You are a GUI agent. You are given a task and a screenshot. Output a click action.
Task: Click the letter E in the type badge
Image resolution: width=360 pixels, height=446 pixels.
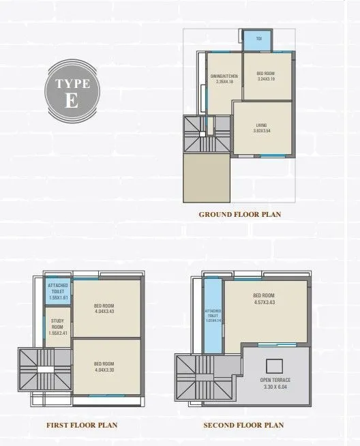(72, 100)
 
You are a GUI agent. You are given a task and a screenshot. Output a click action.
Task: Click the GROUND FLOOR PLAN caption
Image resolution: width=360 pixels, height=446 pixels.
(240, 214)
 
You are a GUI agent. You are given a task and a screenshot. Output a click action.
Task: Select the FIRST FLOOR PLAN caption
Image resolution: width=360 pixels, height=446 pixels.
(82, 425)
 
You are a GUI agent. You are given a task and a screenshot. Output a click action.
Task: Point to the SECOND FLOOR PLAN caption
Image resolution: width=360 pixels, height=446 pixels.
(243, 425)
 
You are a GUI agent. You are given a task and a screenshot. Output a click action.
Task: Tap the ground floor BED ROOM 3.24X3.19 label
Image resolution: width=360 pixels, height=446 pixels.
(266, 76)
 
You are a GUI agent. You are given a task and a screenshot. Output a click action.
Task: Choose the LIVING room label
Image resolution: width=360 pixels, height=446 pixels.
(261, 128)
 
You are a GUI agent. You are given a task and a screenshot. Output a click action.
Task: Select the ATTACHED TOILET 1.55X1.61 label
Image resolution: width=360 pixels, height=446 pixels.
(57, 291)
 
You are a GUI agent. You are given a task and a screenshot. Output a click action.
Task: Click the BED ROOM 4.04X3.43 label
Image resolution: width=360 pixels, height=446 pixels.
(104, 308)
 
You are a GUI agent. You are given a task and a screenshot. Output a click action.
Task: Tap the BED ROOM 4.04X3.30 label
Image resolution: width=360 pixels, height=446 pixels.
(104, 366)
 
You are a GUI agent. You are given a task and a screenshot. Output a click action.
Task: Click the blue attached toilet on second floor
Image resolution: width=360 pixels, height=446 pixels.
(213, 314)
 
